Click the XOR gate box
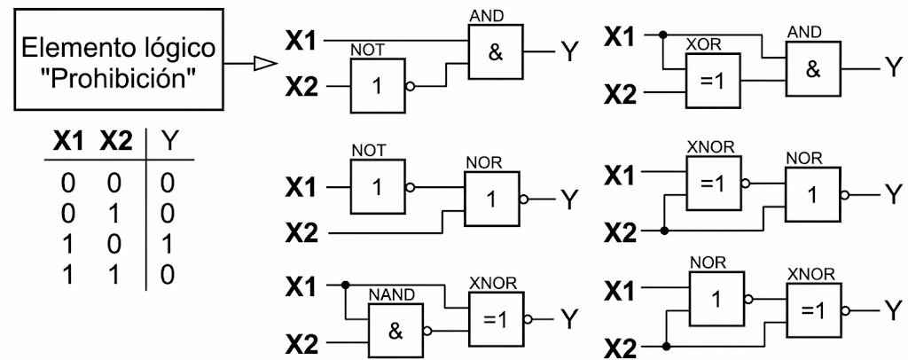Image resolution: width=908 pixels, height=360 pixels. coord(713,81)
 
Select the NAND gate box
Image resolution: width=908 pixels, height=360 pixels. coord(396,331)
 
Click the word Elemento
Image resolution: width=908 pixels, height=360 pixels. coord(76,48)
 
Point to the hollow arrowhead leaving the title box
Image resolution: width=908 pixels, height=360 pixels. coord(263,63)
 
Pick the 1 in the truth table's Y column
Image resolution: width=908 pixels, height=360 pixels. coord(167,245)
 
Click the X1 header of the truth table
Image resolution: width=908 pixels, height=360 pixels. coord(69,142)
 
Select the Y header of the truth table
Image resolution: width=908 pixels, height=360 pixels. coord(167,142)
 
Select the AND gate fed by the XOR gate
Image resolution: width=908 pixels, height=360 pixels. coord(813,68)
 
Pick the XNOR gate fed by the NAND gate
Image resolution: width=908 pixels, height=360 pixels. coord(497,319)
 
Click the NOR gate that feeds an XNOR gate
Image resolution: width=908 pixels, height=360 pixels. coord(716,300)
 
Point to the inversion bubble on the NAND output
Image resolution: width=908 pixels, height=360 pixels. coord(427,332)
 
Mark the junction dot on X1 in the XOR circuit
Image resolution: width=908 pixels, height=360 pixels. coord(663,35)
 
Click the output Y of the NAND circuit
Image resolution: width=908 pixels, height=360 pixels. coord(570,319)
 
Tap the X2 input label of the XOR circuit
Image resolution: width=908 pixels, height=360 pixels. coord(620,94)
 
